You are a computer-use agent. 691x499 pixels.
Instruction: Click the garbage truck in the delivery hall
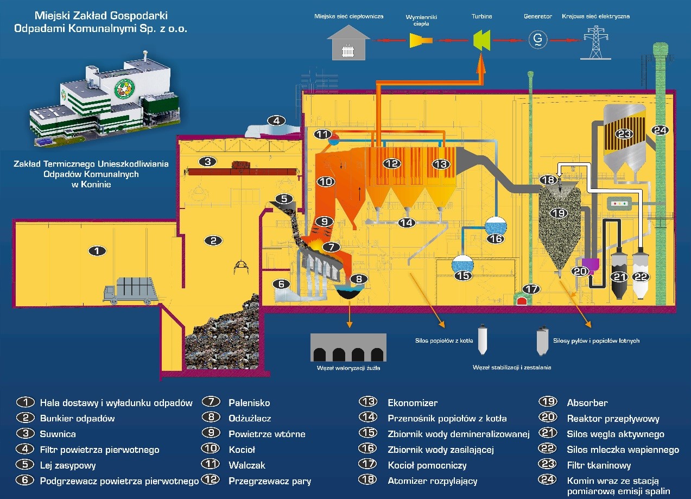pos(130,290)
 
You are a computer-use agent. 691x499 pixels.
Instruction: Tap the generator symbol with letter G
pos(538,39)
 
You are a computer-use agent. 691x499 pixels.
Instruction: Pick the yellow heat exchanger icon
pos(420,40)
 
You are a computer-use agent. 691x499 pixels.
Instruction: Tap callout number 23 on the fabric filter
pos(624,134)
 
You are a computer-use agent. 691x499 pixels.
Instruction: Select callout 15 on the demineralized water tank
pos(462,276)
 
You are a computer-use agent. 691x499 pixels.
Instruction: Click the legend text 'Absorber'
pos(587,403)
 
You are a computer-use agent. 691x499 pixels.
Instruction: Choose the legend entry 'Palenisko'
pos(249,403)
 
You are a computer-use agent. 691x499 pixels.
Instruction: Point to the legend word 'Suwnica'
pos(58,434)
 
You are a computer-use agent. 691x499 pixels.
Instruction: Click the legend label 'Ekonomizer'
pos(413,403)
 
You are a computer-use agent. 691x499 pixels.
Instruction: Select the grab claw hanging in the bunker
pos(239,267)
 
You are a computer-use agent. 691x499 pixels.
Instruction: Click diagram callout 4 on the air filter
pos(276,121)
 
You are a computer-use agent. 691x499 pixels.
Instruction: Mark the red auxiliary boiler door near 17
pos(524,301)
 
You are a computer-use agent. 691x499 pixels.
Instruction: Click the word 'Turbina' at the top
pos(481,17)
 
